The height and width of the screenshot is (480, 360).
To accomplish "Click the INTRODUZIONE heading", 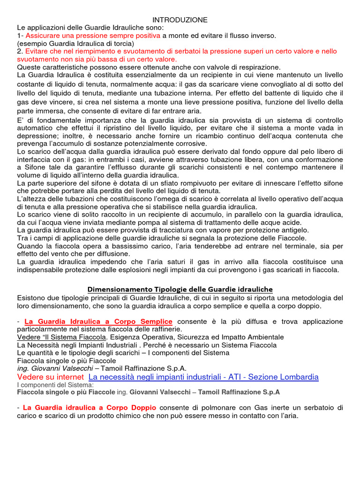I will click(180, 20).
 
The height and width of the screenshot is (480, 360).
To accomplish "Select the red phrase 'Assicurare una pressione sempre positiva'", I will click(93, 36).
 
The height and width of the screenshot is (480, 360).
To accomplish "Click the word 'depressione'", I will click(37, 135).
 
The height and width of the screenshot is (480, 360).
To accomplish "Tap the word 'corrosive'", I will click(190, 143).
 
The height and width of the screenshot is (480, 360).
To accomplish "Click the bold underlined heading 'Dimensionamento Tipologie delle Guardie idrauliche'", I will click(180, 289).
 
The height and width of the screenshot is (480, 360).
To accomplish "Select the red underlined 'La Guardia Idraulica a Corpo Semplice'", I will click(98, 322).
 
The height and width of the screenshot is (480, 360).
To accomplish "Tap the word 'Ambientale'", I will click(263, 337).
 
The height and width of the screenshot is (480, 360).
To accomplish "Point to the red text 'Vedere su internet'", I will click(51, 377).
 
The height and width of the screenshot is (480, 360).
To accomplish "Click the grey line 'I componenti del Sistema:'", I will click(55, 385).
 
